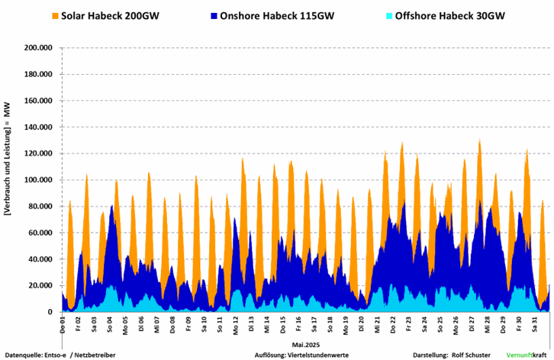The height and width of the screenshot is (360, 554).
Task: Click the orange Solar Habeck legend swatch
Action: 55,15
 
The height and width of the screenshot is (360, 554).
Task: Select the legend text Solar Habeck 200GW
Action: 115,15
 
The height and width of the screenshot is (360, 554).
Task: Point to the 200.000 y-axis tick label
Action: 37,47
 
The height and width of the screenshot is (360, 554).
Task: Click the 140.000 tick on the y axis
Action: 37,127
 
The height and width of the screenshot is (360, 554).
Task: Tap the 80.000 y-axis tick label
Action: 40,206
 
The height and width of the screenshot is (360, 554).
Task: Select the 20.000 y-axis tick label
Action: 40,285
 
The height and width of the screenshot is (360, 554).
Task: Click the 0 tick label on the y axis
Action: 50,312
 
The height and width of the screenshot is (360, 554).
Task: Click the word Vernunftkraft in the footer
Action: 527,355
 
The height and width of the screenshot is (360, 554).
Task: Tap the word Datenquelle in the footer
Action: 22,355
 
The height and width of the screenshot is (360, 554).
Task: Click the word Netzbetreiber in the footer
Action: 95,355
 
